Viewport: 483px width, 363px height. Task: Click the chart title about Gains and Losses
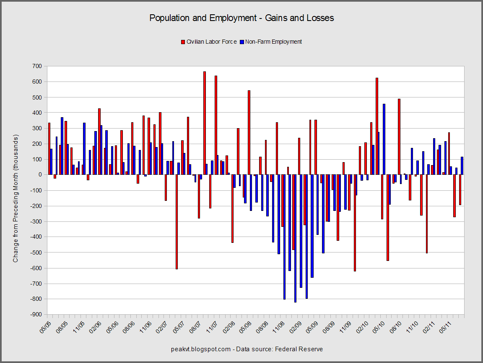(x=241, y=18)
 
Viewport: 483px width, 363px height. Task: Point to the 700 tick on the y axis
(x=37, y=66)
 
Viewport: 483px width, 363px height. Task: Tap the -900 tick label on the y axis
(x=36, y=315)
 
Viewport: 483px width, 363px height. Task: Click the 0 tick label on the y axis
(x=40, y=175)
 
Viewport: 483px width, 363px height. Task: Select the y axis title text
(x=16, y=198)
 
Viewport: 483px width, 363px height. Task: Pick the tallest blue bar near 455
(x=384, y=139)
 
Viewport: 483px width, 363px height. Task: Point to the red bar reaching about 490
(x=399, y=137)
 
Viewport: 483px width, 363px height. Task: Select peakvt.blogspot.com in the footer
(x=201, y=349)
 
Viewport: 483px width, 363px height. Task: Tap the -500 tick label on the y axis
(x=36, y=253)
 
